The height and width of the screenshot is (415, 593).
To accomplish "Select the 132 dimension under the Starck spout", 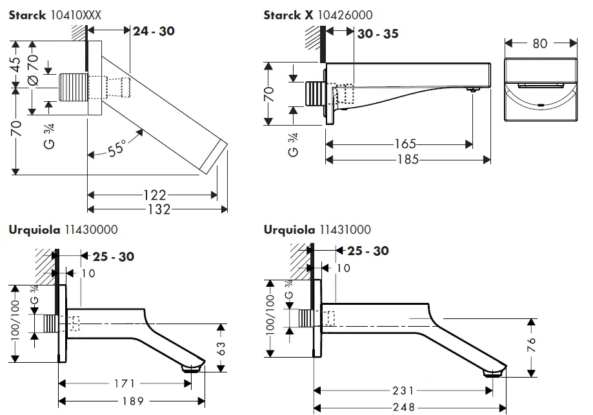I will pos(158,209).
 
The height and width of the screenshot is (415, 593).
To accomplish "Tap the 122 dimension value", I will pos(155,195).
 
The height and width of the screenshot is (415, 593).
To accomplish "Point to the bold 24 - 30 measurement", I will pos(154,30).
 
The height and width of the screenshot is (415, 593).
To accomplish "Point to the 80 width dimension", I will pos(540,43).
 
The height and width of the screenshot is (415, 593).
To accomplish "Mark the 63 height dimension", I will pos(221,347).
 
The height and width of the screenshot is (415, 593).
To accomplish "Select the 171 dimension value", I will pos(125,384).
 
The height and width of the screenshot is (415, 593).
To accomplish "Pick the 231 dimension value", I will pos(403,391).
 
